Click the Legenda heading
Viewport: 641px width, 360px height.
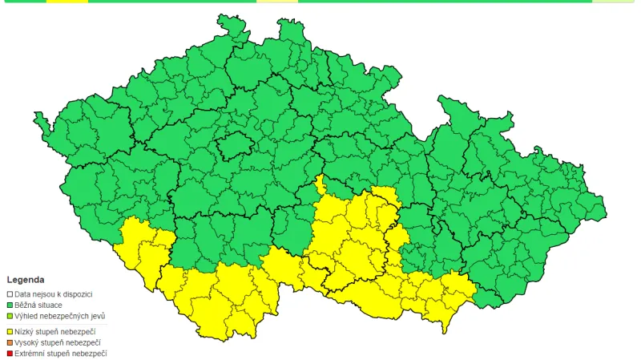pyautogui.click(x=26, y=280)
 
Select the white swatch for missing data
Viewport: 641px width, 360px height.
pyautogui.click(x=10, y=295)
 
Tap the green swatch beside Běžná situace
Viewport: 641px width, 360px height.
pyautogui.click(x=10, y=305)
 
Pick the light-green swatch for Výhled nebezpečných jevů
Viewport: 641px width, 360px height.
pyautogui.click(x=10, y=316)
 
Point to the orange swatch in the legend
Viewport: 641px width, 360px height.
pyautogui.click(x=10, y=342)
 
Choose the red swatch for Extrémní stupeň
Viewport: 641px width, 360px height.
pyautogui.click(x=10, y=353)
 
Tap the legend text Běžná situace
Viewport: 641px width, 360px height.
pyautogui.click(x=38, y=305)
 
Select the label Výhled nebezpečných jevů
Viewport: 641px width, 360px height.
pyautogui.click(x=59, y=316)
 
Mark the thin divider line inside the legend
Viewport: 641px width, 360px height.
pyautogui.click(x=56, y=324)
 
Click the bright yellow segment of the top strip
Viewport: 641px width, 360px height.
pyautogui.click(x=67, y=2)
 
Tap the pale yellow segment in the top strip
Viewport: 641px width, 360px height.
pyautogui.click(x=277, y=2)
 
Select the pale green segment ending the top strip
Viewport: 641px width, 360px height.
pyautogui.click(x=615, y=2)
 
